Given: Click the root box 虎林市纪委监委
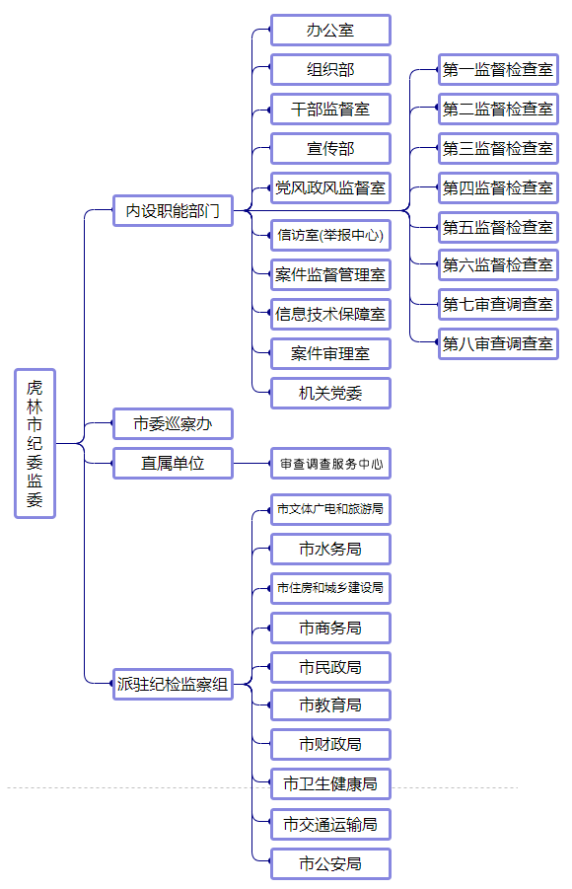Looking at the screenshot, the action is point(35,443).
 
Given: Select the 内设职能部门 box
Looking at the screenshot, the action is point(173,211).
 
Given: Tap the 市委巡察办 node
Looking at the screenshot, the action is point(173,423).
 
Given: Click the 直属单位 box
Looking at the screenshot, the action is point(173,463).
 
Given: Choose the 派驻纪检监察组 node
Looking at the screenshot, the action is point(173,685).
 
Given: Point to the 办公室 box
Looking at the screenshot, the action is point(330,30).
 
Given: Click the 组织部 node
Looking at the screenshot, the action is point(330,70).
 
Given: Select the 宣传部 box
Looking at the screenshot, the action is point(330,149).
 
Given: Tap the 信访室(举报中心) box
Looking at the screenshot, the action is point(330,235).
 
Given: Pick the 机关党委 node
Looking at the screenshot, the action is point(330,393).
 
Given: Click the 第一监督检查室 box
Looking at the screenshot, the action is point(498,70).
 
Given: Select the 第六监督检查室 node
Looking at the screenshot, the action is point(498,264).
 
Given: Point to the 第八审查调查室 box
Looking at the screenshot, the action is point(498,343).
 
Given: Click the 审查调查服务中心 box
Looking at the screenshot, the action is point(330,463).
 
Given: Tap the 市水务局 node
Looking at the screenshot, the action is point(330,549).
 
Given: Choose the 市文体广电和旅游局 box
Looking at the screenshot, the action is point(330,509).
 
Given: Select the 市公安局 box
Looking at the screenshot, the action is point(330,864).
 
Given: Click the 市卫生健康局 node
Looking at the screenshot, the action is point(330,784).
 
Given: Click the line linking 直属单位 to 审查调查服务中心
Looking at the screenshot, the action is point(251,463).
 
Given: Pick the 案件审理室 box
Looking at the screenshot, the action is point(330,354).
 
